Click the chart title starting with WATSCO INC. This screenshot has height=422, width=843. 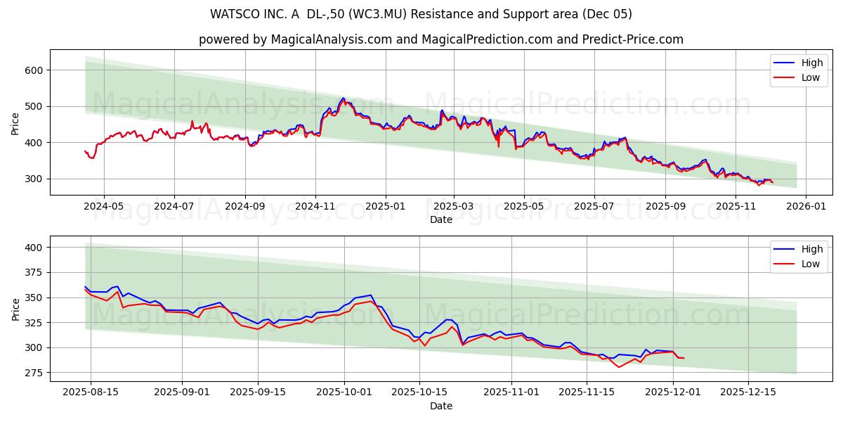(x=421, y=14)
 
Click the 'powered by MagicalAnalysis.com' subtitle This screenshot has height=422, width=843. (x=440, y=39)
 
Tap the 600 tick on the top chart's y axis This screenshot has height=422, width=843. (x=35, y=70)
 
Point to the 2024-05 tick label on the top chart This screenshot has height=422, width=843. (x=103, y=207)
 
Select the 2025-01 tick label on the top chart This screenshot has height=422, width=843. (x=385, y=207)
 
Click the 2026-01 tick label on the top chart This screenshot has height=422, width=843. (x=805, y=207)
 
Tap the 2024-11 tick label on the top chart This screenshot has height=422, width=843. (x=315, y=207)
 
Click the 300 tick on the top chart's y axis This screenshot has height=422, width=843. (x=35, y=179)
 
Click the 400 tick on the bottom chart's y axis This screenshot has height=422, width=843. (x=35, y=248)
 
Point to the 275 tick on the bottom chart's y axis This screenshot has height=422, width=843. (x=35, y=373)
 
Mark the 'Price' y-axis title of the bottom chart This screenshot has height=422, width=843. (x=15, y=309)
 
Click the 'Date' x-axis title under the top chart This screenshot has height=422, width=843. (x=440, y=219)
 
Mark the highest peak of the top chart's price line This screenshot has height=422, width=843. (x=343, y=98)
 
